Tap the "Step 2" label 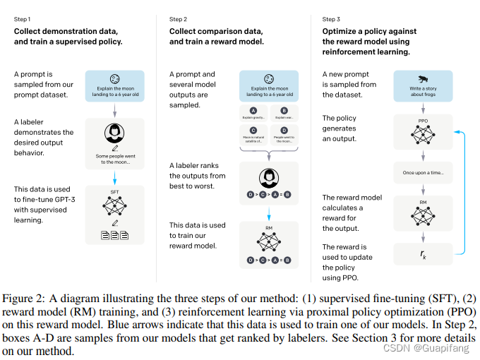[179, 19]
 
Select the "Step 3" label [332, 19]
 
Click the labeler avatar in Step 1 [114, 133]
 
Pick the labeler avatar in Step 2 [268, 177]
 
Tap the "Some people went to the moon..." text [114, 160]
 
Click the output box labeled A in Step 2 [253, 114]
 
